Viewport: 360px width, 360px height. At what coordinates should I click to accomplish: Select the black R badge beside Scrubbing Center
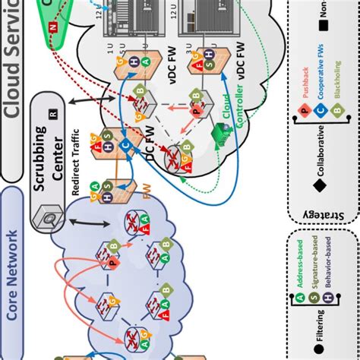(52, 115)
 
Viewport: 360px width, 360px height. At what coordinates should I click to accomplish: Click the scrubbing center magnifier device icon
(48, 219)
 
